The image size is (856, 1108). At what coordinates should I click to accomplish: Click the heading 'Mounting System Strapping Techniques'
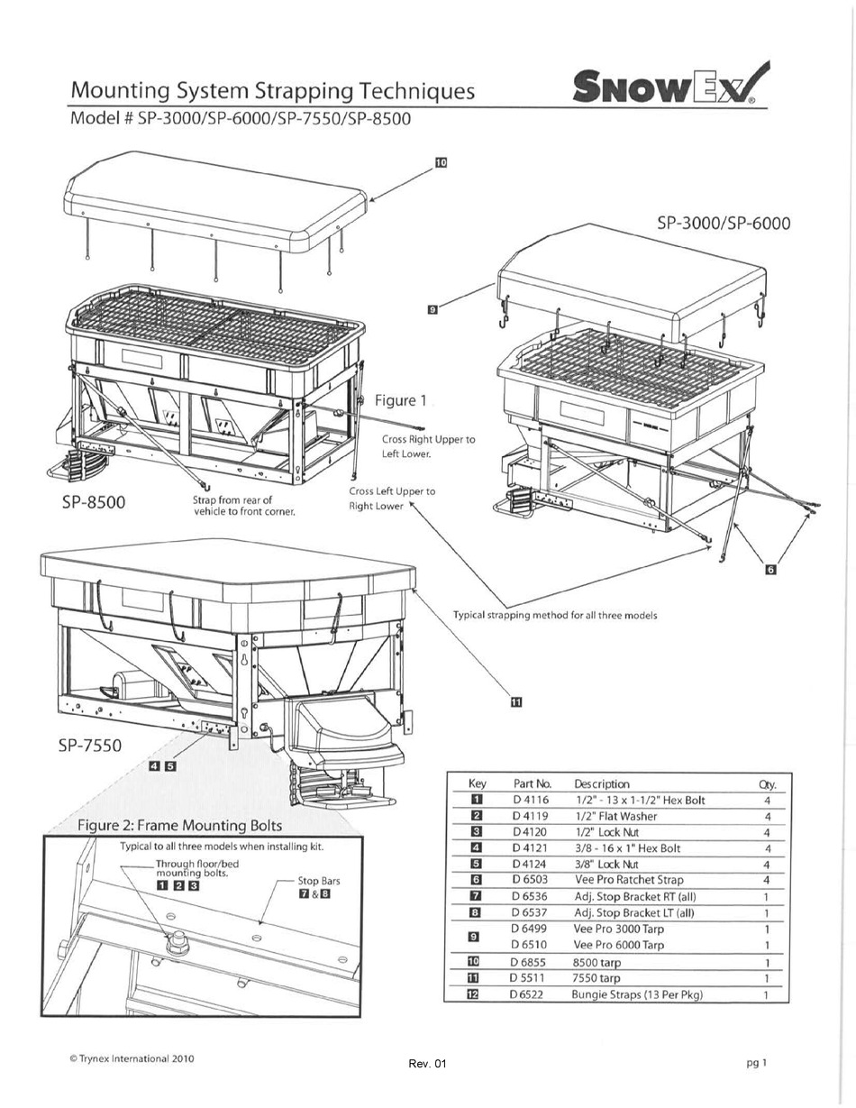coord(272,91)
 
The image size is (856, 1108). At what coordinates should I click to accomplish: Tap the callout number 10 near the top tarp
coord(441,163)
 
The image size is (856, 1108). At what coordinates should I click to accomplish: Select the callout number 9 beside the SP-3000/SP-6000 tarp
coord(433,309)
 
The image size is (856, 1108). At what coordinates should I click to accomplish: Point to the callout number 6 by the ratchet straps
coord(769,569)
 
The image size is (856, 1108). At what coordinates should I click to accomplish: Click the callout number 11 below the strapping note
coord(515,702)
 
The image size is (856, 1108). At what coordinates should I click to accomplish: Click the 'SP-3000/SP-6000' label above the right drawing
coord(724,223)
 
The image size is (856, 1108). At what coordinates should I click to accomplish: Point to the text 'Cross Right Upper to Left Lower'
coord(428,446)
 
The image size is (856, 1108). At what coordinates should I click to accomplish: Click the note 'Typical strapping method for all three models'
coord(554,615)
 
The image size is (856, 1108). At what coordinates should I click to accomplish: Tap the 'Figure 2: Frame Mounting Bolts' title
coord(179,825)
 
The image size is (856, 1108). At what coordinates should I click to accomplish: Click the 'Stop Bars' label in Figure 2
coord(319,881)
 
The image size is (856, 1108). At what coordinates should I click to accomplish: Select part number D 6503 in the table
coord(530,880)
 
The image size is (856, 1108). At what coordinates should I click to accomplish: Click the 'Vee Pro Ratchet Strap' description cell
coord(628,880)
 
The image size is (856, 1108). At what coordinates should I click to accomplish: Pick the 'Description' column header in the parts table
coord(601,783)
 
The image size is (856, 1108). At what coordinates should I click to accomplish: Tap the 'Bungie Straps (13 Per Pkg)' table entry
coord(636,994)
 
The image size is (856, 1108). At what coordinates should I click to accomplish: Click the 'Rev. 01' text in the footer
coord(427,1064)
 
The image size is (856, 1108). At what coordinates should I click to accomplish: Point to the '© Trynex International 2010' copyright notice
coord(132,1058)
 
